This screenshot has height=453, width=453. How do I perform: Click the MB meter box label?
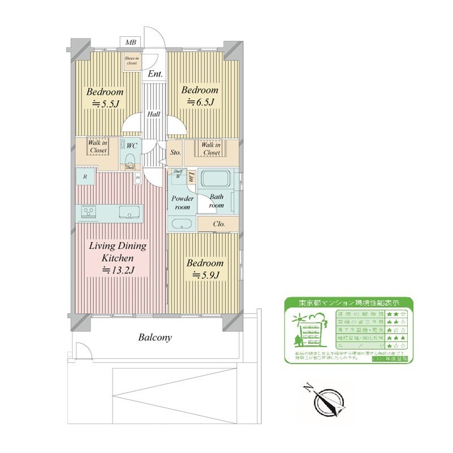click(x=131, y=43)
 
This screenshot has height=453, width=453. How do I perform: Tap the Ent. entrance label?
click(x=155, y=74)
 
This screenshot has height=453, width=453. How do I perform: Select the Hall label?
click(x=154, y=114)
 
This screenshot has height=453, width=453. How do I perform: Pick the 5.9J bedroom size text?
click(x=206, y=275)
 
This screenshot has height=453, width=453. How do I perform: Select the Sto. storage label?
click(x=176, y=152)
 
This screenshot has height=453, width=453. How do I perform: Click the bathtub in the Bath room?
click(x=215, y=181)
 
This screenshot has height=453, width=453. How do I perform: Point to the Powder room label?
click(x=183, y=203)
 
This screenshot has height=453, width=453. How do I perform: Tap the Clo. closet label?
click(x=219, y=224)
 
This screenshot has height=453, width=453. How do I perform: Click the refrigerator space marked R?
click(x=85, y=177)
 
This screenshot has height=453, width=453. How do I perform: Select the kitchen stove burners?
click(x=88, y=212)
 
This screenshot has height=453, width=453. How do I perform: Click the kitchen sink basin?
click(x=129, y=212)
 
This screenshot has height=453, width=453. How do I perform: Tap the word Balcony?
click(x=155, y=337)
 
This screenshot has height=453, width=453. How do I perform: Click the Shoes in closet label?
click(x=132, y=61)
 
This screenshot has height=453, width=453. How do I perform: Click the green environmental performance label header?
click(x=348, y=302)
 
